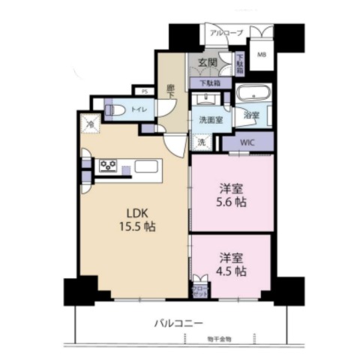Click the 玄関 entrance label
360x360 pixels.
[x=208, y=63]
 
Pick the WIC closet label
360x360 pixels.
[x=248, y=140]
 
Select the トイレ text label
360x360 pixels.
[x=139, y=109]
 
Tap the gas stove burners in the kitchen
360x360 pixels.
[x=107, y=166]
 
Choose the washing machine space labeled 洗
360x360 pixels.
[x=202, y=141]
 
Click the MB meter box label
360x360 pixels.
[x=262, y=54]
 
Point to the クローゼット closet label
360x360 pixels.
[x=200, y=291]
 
